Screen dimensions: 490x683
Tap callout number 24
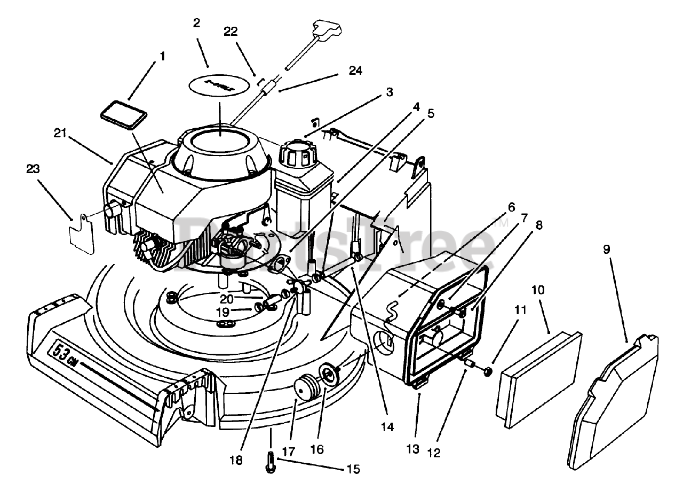point(355,71)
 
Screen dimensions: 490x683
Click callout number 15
point(353,469)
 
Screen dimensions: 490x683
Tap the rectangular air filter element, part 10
point(540,380)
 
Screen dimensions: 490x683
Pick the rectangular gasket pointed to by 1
point(124,116)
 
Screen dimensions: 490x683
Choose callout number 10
point(538,290)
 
